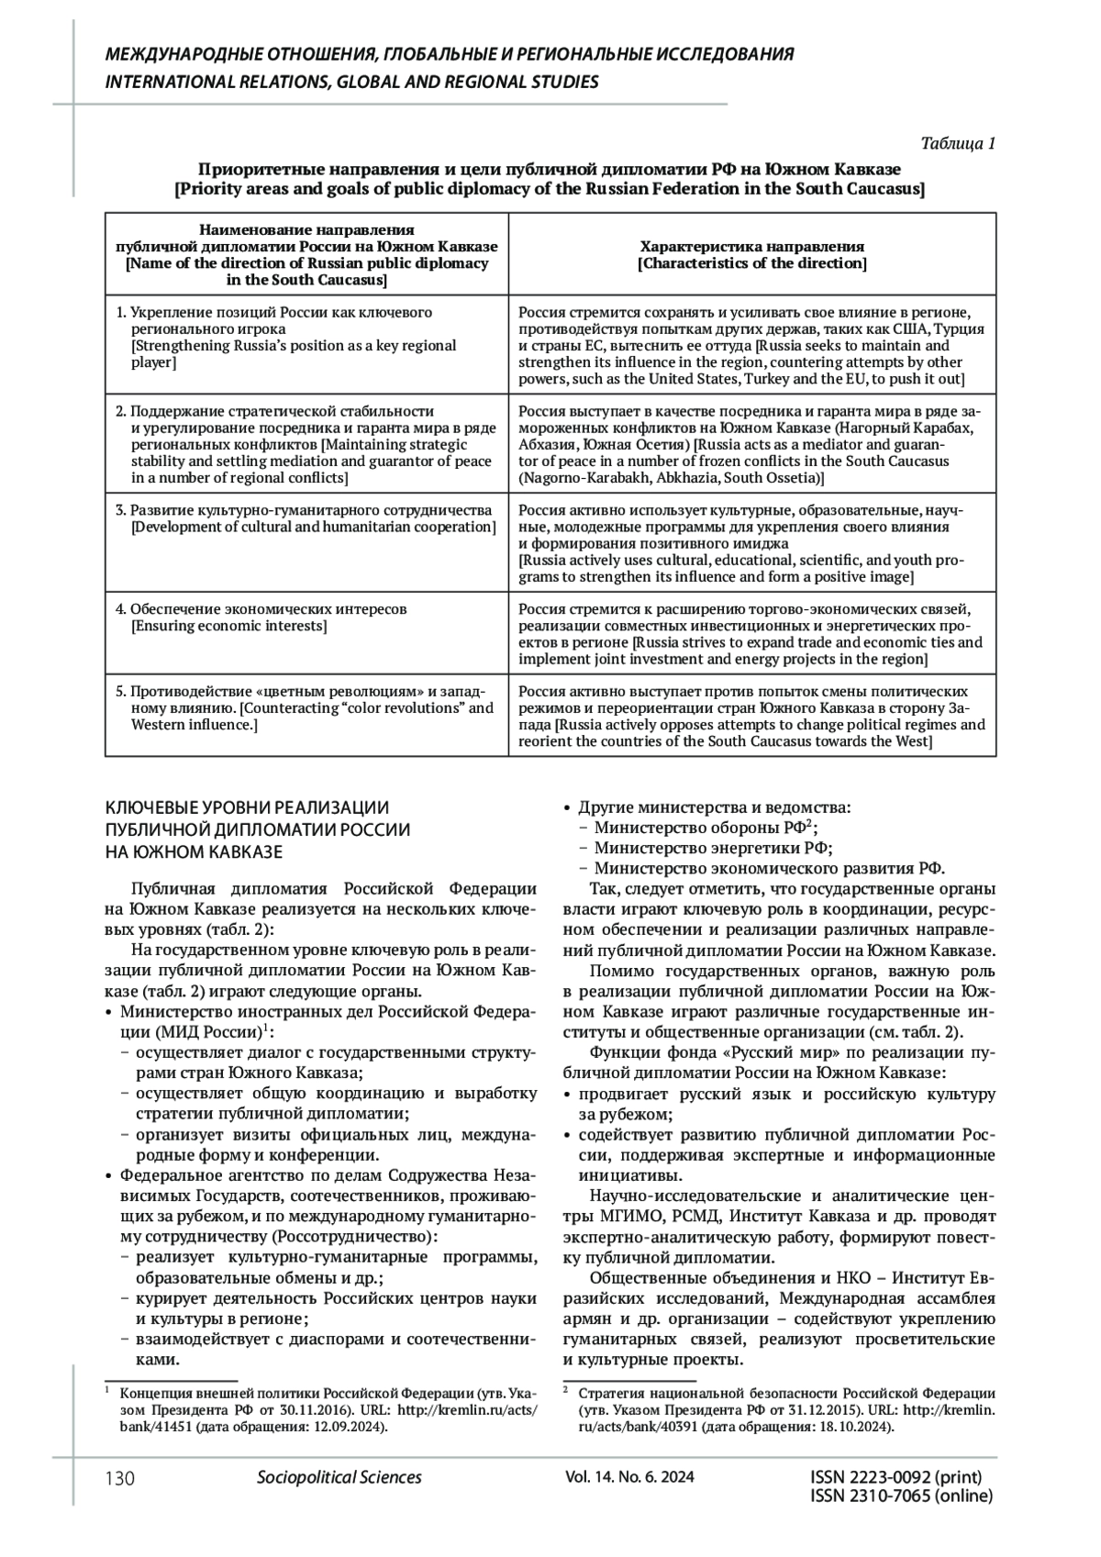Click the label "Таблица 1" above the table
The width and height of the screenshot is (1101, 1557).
tap(957, 143)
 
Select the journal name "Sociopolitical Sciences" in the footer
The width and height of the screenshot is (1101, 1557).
tap(339, 1477)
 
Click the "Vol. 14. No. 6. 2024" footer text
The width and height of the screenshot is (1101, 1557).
tap(630, 1477)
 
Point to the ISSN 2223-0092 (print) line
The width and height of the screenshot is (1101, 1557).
tap(896, 1477)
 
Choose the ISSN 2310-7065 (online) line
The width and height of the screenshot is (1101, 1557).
tap(902, 1496)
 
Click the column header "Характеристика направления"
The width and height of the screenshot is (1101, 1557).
tap(751, 247)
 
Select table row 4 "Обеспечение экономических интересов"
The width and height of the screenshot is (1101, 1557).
tap(268, 609)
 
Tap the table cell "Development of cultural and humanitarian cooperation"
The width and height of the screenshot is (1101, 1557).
tap(313, 527)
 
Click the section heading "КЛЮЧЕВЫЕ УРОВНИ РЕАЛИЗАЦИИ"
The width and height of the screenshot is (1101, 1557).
tap(248, 807)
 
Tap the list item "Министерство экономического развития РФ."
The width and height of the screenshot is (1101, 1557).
tap(769, 868)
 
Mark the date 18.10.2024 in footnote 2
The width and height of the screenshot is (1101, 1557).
tap(859, 1427)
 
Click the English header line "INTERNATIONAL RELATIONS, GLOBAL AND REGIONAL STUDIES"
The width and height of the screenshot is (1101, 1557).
tap(352, 82)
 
